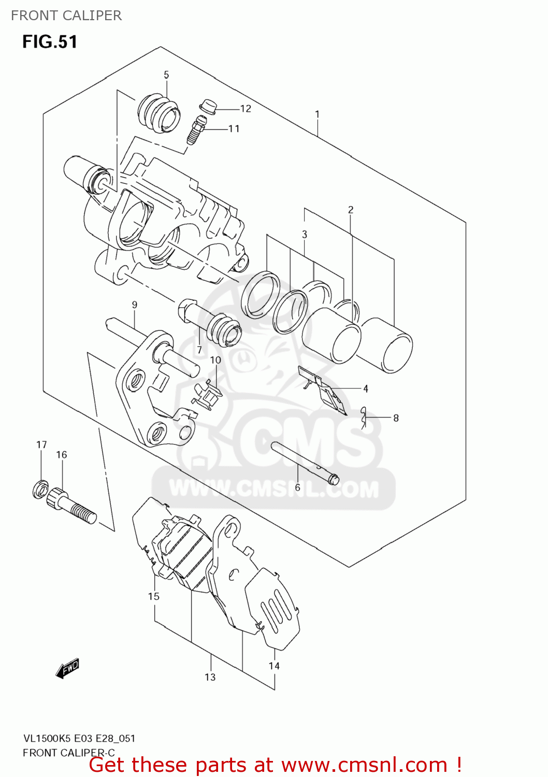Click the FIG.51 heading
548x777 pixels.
pyautogui.click(x=50, y=42)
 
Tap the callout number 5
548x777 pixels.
pyautogui.click(x=166, y=75)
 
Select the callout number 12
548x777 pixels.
pyautogui.click(x=246, y=109)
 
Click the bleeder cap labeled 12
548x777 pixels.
pyautogui.click(x=208, y=106)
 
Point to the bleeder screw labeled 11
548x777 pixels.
pyautogui.click(x=196, y=130)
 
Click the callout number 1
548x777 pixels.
pyautogui.click(x=317, y=114)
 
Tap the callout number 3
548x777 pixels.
pyautogui.click(x=305, y=235)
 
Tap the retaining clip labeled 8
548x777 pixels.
pyautogui.click(x=365, y=418)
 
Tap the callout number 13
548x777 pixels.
pyautogui.click(x=210, y=677)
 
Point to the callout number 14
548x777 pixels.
pyautogui.click(x=274, y=666)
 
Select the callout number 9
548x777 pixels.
pyautogui.click(x=135, y=305)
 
